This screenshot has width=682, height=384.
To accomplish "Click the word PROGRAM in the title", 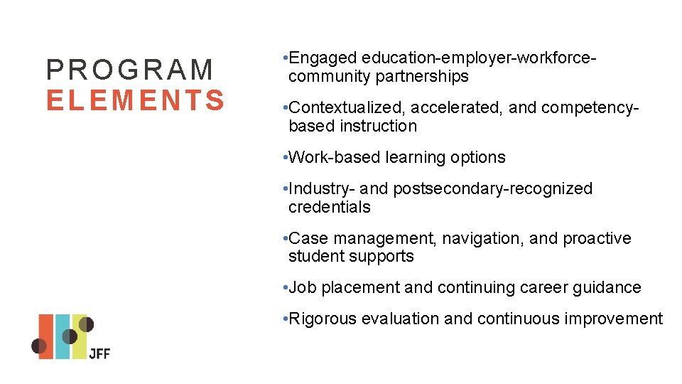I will tap(130, 70).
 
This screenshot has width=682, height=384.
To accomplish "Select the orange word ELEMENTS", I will tap(136, 100).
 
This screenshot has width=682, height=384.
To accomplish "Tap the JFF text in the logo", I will tap(99, 353).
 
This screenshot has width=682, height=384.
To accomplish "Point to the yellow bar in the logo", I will tap(79, 345).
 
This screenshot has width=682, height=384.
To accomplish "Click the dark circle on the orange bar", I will tap(40, 346).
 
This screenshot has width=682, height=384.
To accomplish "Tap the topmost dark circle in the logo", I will tap(86, 324).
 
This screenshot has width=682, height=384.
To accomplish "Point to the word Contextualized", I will tap(347, 107).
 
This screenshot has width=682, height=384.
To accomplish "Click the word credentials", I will tap(330, 207).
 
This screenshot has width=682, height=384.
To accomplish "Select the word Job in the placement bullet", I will tap(303, 287).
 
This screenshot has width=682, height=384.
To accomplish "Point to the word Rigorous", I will tap(323, 319).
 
